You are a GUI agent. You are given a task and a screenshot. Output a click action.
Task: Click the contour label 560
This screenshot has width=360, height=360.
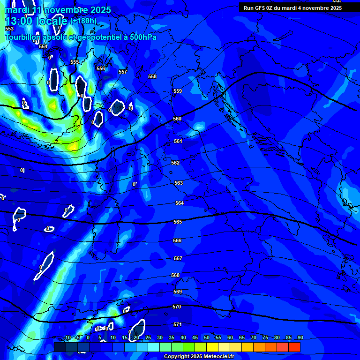pos(177,119)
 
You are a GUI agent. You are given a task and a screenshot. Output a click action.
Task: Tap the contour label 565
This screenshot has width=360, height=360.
pos(177,222)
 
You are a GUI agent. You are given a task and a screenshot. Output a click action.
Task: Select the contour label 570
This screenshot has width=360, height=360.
pos(177,307)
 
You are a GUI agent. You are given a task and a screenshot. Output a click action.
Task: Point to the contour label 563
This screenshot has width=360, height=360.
pos(179,183)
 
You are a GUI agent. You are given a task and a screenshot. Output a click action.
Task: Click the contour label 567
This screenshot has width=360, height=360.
pos(178,258)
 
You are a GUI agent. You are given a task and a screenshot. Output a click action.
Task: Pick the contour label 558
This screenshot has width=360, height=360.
pos(152,76)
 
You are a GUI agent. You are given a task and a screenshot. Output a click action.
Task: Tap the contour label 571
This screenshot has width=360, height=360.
pos(178,324)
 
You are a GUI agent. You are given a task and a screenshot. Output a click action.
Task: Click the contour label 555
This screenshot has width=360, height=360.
pos(75,62)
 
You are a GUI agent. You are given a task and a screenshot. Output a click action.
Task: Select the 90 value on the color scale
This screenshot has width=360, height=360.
pos(300,337)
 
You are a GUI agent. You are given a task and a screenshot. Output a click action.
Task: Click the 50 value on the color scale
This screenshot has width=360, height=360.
pos(207,337)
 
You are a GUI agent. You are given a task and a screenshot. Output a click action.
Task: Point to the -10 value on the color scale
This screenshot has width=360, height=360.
pos(67,337)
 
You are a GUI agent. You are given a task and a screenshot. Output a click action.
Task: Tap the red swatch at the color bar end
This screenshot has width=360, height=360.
pos(294,347)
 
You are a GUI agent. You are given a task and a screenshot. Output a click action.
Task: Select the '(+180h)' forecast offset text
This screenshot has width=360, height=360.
pos(83,21)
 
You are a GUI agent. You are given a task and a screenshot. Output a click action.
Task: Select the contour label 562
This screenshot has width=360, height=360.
pos(175,163)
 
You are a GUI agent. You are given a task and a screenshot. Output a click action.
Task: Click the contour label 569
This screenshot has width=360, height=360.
pos(177,292)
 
